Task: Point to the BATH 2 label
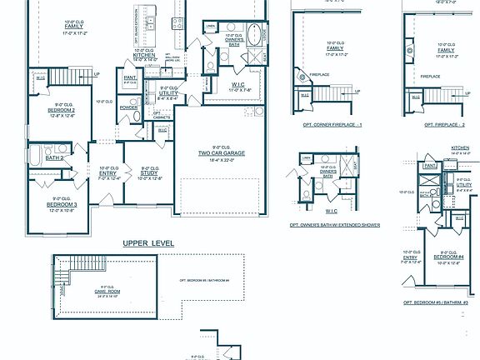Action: click(54, 157)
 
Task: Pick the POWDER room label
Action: click(128, 107)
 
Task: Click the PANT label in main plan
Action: click(129, 78)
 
